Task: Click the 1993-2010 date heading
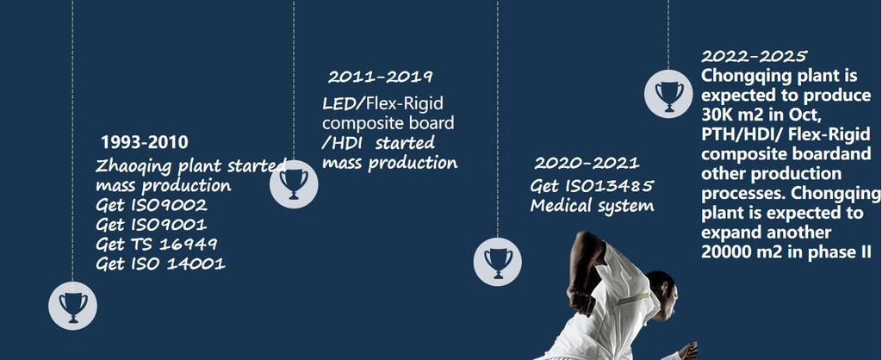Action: pos(145,142)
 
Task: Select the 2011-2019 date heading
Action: pos(380,77)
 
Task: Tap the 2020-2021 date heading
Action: pos(587,163)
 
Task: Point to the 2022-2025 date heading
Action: pos(754,56)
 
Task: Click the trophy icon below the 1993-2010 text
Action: pos(72,306)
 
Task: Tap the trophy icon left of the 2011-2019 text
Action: pos(294,184)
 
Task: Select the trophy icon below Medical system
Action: pos(498,262)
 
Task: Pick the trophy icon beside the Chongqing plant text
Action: pos(668,93)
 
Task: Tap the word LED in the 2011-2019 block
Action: pos(339,103)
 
